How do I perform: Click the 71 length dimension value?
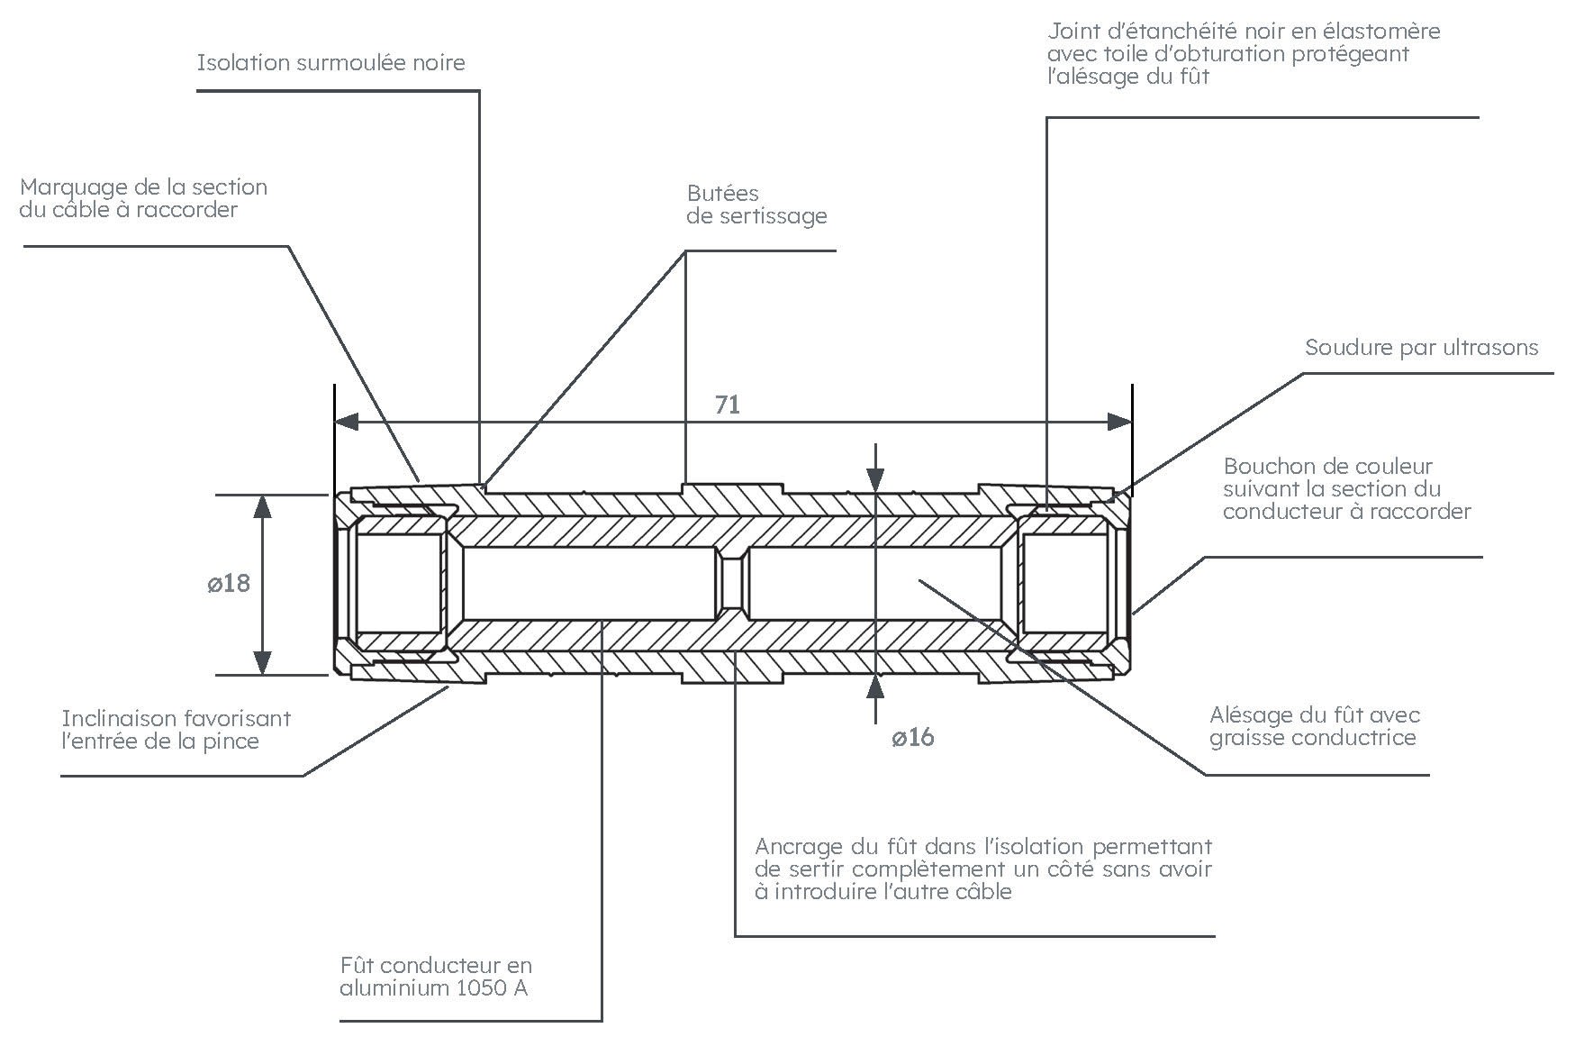coord(728,405)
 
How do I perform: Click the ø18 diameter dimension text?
coord(229,584)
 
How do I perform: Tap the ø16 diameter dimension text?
coord(913,738)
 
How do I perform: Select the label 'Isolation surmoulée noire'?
coord(330,63)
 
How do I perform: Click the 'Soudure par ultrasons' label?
coord(1421,348)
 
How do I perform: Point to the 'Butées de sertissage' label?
coord(756,205)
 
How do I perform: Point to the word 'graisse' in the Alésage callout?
coord(1250,738)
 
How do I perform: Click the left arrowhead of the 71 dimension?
coord(347,422)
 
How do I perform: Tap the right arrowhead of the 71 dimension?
coord(1120,422)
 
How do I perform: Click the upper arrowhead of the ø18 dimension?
coord(262,505)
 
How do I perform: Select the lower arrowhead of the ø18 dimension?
coord(262,663)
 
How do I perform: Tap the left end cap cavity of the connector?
coord(398,584)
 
